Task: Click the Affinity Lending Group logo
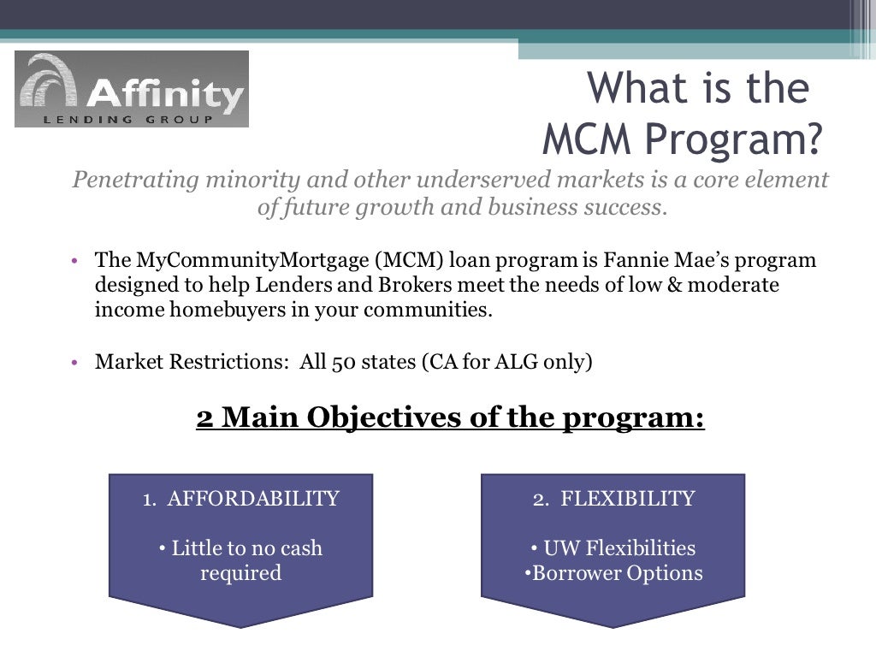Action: pos(132,89)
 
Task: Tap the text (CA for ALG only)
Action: pos(506,362)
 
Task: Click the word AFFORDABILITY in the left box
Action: pos(253,499)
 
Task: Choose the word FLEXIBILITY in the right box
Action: pos(628,499)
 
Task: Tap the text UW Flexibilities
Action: pos(619,548)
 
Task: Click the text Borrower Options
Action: pos(618,573)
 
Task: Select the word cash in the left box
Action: pos(299,548)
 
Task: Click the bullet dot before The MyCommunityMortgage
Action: pos(75,260)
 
